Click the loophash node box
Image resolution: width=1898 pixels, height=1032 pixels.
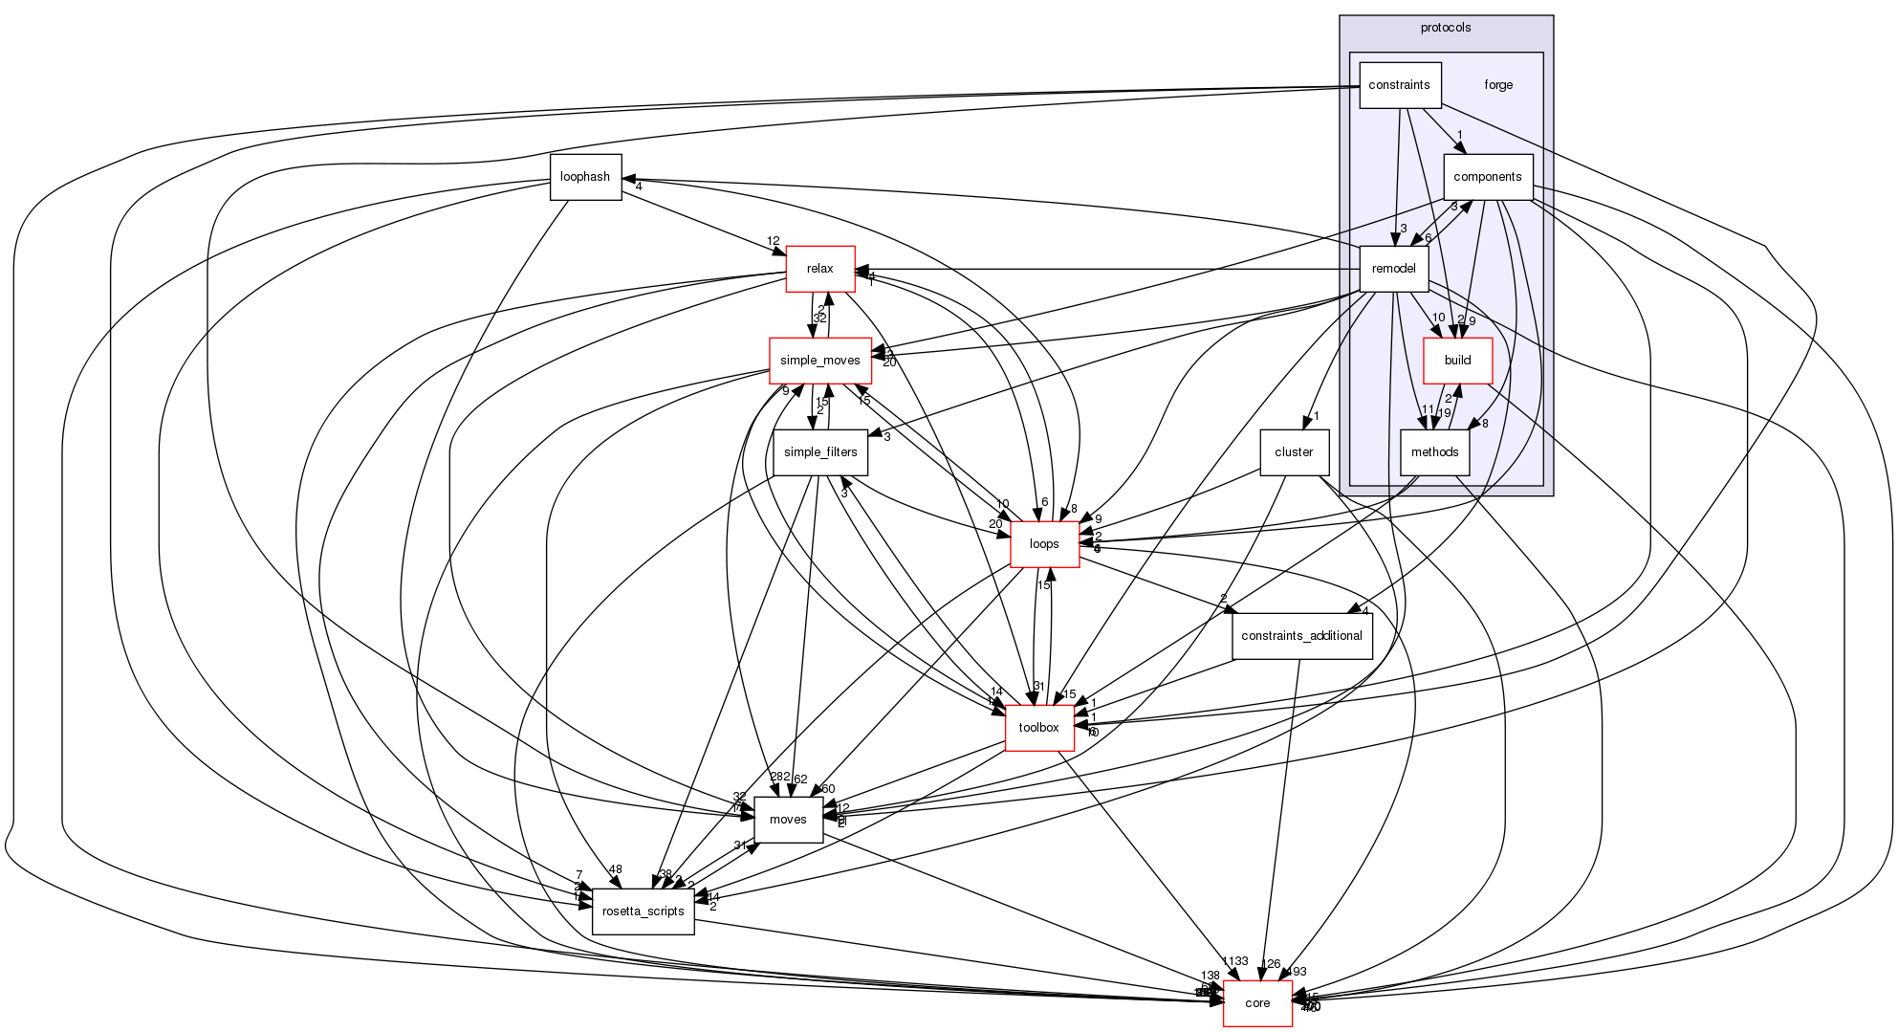[x=585, y=177]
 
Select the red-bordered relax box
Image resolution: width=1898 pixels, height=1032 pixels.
[x=819, y=269]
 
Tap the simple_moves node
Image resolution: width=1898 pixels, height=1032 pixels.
[x=820, y=361]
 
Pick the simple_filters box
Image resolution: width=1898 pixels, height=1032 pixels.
[x=820, y=452]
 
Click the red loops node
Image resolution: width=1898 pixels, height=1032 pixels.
[x=1044, y=544]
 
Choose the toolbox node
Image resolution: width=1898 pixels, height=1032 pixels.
[x=1038, y=728]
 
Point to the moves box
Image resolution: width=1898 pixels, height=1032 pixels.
[x=788, y=820]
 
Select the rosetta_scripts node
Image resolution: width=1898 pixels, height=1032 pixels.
[x=643, y=911]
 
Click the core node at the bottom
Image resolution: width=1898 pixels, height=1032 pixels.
[x=1257, y=1003]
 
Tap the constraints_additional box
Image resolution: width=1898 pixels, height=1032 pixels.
[x=1302, y=636]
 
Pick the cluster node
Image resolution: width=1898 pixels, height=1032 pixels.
[x=1294, y=452]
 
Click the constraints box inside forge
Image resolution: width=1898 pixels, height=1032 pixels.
[x=1399, y=85]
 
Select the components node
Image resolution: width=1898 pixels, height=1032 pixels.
[x=1487, y=177]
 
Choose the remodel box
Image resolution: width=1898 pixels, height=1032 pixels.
[x=1393, y=269]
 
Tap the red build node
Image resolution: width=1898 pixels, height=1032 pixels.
[x=1457, y=361]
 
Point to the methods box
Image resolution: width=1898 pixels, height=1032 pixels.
[x=1434, y=452]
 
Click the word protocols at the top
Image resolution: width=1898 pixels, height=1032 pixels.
[x=1446, y=28]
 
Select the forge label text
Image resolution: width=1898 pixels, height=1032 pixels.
[x=1498, y=85]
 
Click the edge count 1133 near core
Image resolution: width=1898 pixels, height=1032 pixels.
[x=1234, y=961]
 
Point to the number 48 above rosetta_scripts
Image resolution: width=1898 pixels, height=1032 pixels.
[x=615, y=869]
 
